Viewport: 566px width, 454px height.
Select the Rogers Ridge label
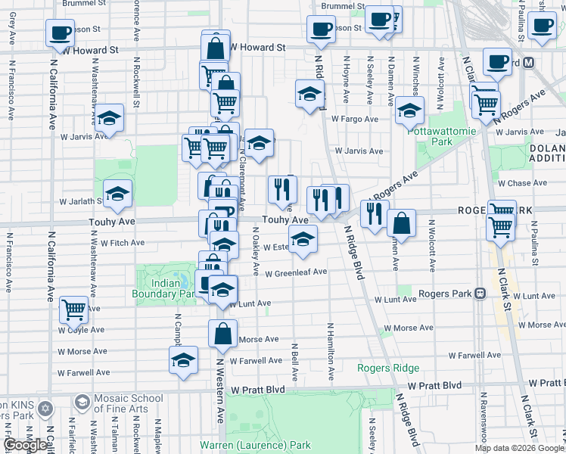click(388, 368)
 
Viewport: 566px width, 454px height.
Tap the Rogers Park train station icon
click(479, 294)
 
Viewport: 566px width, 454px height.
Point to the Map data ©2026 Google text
click(519, 448)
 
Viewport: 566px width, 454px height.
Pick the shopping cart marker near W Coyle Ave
click(73, 308)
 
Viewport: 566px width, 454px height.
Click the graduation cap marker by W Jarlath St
click(117, 194)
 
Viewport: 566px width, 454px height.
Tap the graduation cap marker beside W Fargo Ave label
click(409, 112)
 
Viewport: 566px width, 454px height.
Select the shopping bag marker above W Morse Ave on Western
click(222, 334)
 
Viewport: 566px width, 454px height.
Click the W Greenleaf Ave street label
click(295, 272)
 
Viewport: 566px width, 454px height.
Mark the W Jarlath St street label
click(79, 201)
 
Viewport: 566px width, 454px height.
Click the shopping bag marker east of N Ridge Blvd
click(401, 224)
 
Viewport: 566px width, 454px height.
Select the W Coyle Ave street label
click(81, 329)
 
